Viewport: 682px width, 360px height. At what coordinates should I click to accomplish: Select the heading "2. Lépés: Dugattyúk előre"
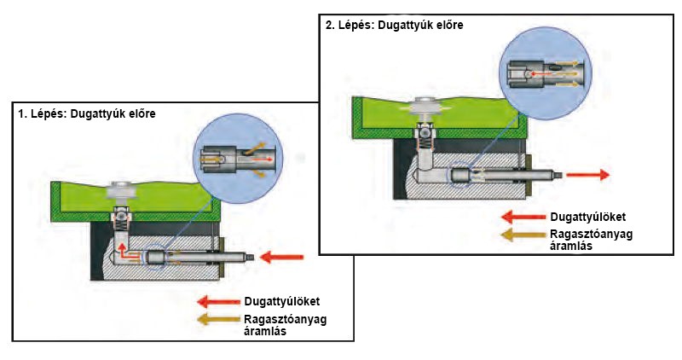click(x=394, y=26)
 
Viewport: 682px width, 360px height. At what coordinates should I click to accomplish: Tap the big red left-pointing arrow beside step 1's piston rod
click(x=282, y=255)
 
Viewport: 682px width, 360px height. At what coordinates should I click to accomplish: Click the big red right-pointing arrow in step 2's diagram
click(x=587, y=175)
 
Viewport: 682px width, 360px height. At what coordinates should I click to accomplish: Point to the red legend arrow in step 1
click(x=217, y=300)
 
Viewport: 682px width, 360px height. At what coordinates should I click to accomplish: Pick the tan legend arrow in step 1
click(x=217, y=320)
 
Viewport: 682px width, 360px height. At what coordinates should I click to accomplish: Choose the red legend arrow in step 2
click(x=522, y=216)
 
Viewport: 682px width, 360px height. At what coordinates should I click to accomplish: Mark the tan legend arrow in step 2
click(x=522, y=235)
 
